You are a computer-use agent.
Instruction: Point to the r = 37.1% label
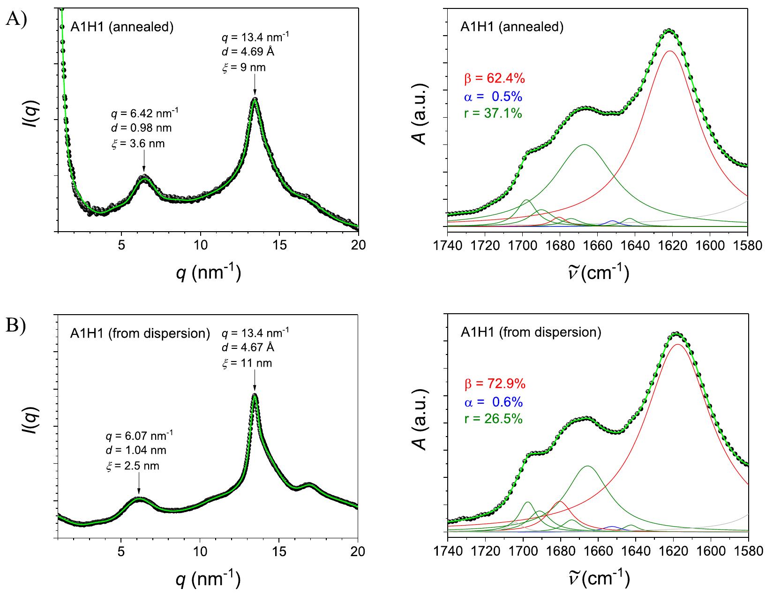tap(493, 113)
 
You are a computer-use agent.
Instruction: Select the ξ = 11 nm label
tap(247, 363)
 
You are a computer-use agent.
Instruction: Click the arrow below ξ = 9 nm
tap(255, 86)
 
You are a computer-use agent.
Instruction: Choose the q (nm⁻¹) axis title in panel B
tap(208, 579)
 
